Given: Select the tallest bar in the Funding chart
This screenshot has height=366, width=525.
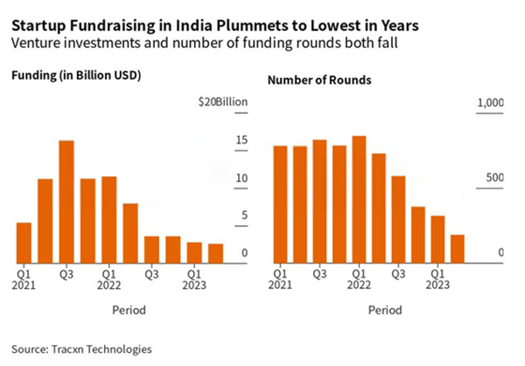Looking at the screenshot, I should tap(66, 201).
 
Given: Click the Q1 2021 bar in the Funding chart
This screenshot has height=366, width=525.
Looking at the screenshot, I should tap(24, 242).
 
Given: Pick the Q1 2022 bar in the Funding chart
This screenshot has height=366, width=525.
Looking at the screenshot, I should tap(108, 219).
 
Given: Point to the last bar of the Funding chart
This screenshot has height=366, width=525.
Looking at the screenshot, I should tap(215, 252).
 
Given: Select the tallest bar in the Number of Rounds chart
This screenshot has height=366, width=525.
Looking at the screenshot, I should tap(358, 198).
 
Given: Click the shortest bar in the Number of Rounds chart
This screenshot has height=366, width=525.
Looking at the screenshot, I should tap(457, 248).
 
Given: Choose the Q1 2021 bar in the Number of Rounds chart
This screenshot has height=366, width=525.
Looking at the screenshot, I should tap(280, 203).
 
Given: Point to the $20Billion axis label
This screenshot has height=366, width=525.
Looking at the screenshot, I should tap(224, 102).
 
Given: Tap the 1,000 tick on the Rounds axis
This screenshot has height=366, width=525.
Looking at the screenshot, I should tap(491, 103).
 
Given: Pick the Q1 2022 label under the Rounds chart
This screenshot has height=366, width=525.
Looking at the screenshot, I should tap(359, 278).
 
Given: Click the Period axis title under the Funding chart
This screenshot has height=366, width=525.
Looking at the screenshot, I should tap(129, 310).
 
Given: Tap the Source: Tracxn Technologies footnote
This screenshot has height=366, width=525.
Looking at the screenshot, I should tap(76, 348).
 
